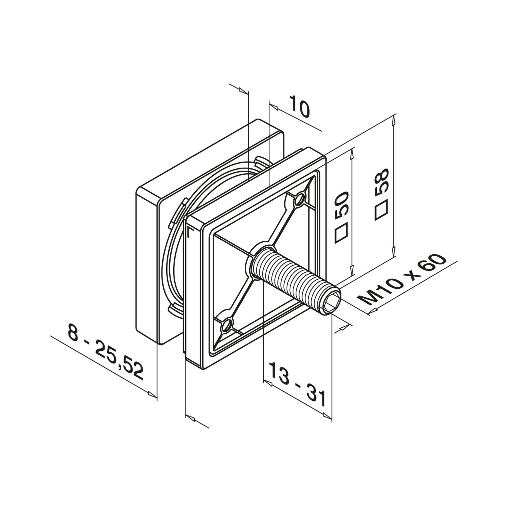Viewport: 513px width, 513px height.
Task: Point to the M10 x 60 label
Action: click(x=403, y=280)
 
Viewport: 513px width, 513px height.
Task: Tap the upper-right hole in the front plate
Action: click(x=299, y=200)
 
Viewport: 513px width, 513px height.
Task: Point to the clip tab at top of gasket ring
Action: click(x=260, y=163)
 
